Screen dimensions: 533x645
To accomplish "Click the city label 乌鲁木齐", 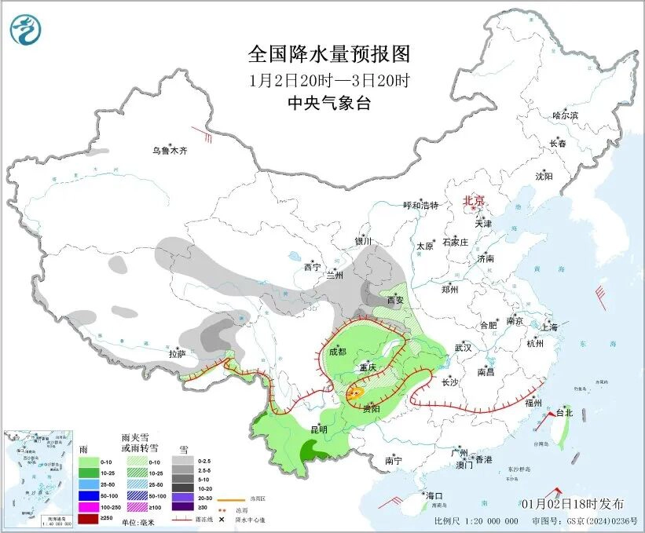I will (170, 151).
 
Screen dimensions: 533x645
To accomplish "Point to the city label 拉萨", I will (176, 354).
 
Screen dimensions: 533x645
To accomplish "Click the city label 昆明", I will (318, 429).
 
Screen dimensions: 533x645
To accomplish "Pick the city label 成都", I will (337, 352).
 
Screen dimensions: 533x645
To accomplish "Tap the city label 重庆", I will (368, 367).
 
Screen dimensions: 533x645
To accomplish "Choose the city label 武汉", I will (463, 347).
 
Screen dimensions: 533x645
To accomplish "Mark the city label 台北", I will (564, 412).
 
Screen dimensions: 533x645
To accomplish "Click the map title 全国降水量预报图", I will (329, 54).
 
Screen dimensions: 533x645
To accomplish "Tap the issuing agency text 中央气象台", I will (329, 104).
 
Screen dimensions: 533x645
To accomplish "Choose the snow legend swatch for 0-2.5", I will (183, 462).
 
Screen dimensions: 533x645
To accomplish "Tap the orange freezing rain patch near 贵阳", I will (356, 392).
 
